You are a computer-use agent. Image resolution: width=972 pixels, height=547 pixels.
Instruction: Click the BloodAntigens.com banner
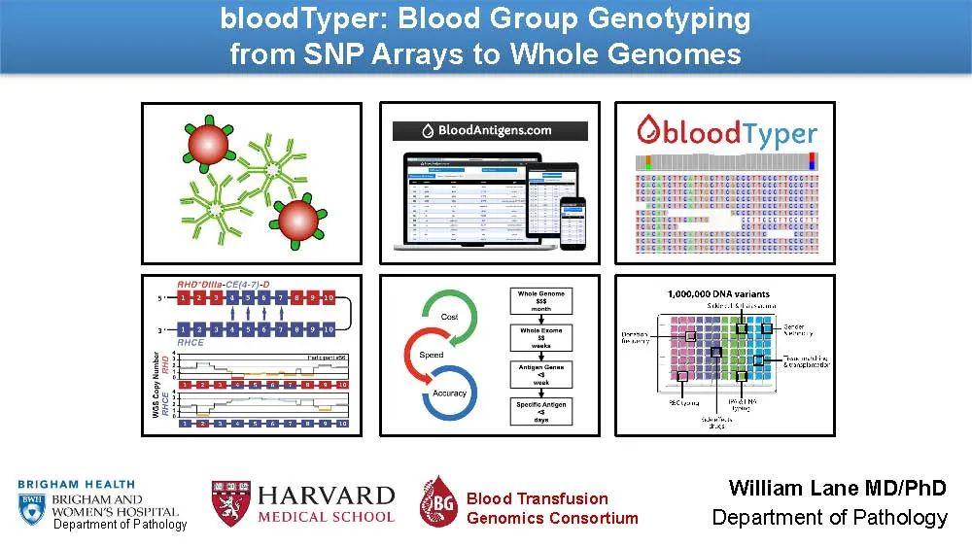(x=489, y=130)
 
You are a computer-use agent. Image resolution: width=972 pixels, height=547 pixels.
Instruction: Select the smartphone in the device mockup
(x=575, y=221)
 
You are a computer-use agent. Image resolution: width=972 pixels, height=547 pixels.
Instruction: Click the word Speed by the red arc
(x=431, y=355)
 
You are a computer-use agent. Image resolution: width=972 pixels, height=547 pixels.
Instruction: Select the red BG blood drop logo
(x=438, y=502)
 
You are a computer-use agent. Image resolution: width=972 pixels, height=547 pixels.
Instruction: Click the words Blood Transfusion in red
(x=537, y=498)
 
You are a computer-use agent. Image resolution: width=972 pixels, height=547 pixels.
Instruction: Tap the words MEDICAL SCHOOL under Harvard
(x=326, y=517)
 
